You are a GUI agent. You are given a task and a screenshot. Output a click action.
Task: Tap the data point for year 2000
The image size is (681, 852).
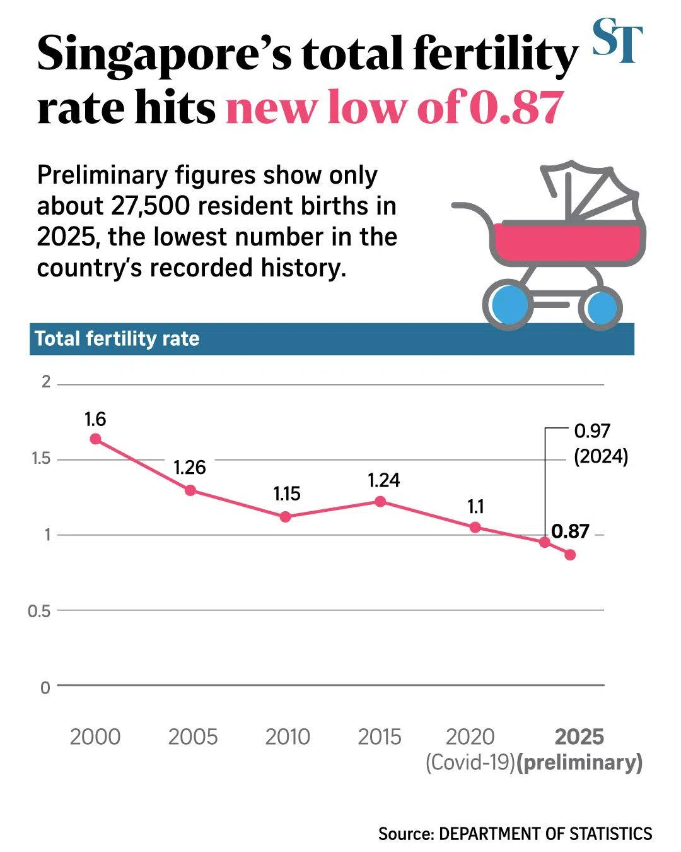point(95,439)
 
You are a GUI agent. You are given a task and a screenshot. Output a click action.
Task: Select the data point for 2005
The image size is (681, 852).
point(190,490)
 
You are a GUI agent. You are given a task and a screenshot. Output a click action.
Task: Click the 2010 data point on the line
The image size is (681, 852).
point(285,517)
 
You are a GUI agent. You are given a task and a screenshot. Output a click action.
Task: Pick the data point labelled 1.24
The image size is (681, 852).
point(380,501)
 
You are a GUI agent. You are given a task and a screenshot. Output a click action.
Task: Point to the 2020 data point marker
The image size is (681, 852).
point(475,527)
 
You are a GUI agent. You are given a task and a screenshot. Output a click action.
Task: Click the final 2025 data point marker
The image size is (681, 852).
point(570,555)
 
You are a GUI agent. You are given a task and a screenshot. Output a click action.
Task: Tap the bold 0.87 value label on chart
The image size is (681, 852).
point(570,531)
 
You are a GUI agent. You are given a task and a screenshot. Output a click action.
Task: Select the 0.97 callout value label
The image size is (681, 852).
point(592,431)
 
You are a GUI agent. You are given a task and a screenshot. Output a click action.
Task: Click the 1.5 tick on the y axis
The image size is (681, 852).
point(41,459)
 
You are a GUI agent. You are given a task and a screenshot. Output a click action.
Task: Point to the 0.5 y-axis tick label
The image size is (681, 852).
point(39,611)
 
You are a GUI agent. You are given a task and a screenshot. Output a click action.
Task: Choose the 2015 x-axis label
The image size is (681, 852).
point(380,737)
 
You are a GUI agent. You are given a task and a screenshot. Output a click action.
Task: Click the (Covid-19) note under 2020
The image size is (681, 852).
point(470,762)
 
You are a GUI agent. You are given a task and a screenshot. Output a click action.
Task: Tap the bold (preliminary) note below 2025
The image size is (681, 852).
point(579,762)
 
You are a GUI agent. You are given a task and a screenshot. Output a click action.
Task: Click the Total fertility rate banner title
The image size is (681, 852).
point(117,339)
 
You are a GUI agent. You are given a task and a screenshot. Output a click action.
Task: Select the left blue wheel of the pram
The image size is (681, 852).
point(508,307)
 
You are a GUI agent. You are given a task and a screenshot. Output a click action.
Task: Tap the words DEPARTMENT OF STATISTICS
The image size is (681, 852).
point(545,834)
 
